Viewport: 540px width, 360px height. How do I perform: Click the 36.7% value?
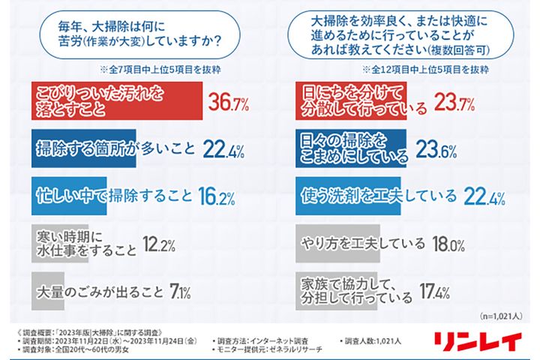[x=227, y=101]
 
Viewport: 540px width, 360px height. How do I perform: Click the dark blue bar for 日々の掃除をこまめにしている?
[x=349, y=148]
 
